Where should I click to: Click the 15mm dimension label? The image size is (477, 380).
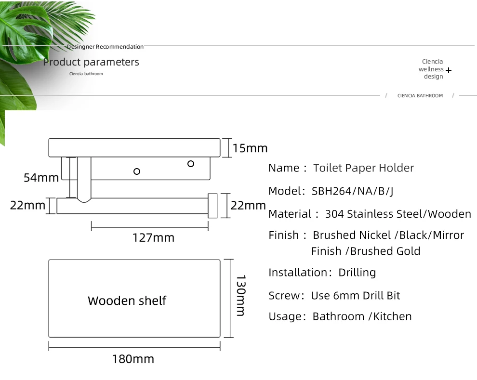pos(250,148)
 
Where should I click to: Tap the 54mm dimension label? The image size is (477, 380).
pos(41,178)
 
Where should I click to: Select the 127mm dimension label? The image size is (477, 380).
pos(153,237)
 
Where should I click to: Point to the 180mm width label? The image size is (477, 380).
pos(133,359)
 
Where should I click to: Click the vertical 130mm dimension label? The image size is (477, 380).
pos(240,295)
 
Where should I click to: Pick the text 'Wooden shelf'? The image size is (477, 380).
pos(127,301)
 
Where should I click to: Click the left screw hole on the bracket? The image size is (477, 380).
pos(137,171)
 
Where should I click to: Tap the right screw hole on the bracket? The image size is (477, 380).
pos(191,164)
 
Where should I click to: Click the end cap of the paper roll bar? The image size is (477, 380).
pos(212,206)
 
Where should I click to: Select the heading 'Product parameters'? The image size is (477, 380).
pos(91,62)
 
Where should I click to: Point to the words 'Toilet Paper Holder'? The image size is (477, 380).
pos(363,168)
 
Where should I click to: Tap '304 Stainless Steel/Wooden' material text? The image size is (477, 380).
pos(398,214)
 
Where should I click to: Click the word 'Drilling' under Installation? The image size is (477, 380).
pos(357,273)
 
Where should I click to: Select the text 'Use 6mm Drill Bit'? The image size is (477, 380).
pos(355,295)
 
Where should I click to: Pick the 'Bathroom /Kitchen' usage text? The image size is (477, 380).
pos(362,316)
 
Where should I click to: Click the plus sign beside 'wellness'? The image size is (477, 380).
pos(449,70)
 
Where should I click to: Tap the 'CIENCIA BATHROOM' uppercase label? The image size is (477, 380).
pos(420,96)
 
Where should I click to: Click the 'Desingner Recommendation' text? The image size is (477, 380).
pos(105,47)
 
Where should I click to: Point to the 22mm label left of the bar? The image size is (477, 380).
pos(27,206)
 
